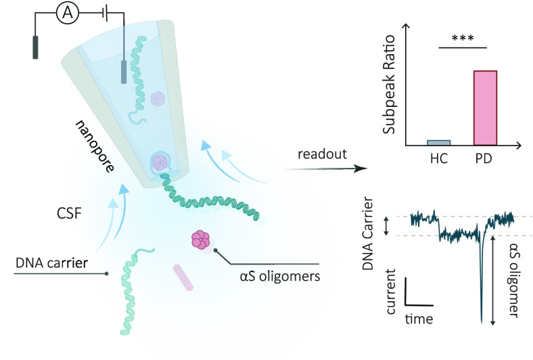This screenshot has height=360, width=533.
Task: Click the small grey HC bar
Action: pos(438,142)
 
